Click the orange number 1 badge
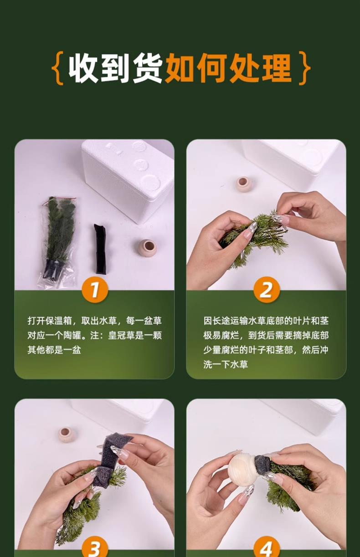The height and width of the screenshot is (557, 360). [95, 290]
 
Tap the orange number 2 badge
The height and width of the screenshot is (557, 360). [267, 290]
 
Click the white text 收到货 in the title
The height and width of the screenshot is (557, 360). [115, 68]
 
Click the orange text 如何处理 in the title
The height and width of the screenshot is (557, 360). [228, 68]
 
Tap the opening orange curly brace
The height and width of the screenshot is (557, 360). [57, 68]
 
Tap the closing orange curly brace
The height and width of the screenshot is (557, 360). [304, 68]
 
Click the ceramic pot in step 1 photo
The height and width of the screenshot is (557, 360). [148, 248]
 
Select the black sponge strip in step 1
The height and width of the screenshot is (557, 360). [100, 249]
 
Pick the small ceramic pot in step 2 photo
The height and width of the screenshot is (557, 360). [244, 184]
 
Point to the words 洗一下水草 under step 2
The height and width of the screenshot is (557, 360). [226, 364]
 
